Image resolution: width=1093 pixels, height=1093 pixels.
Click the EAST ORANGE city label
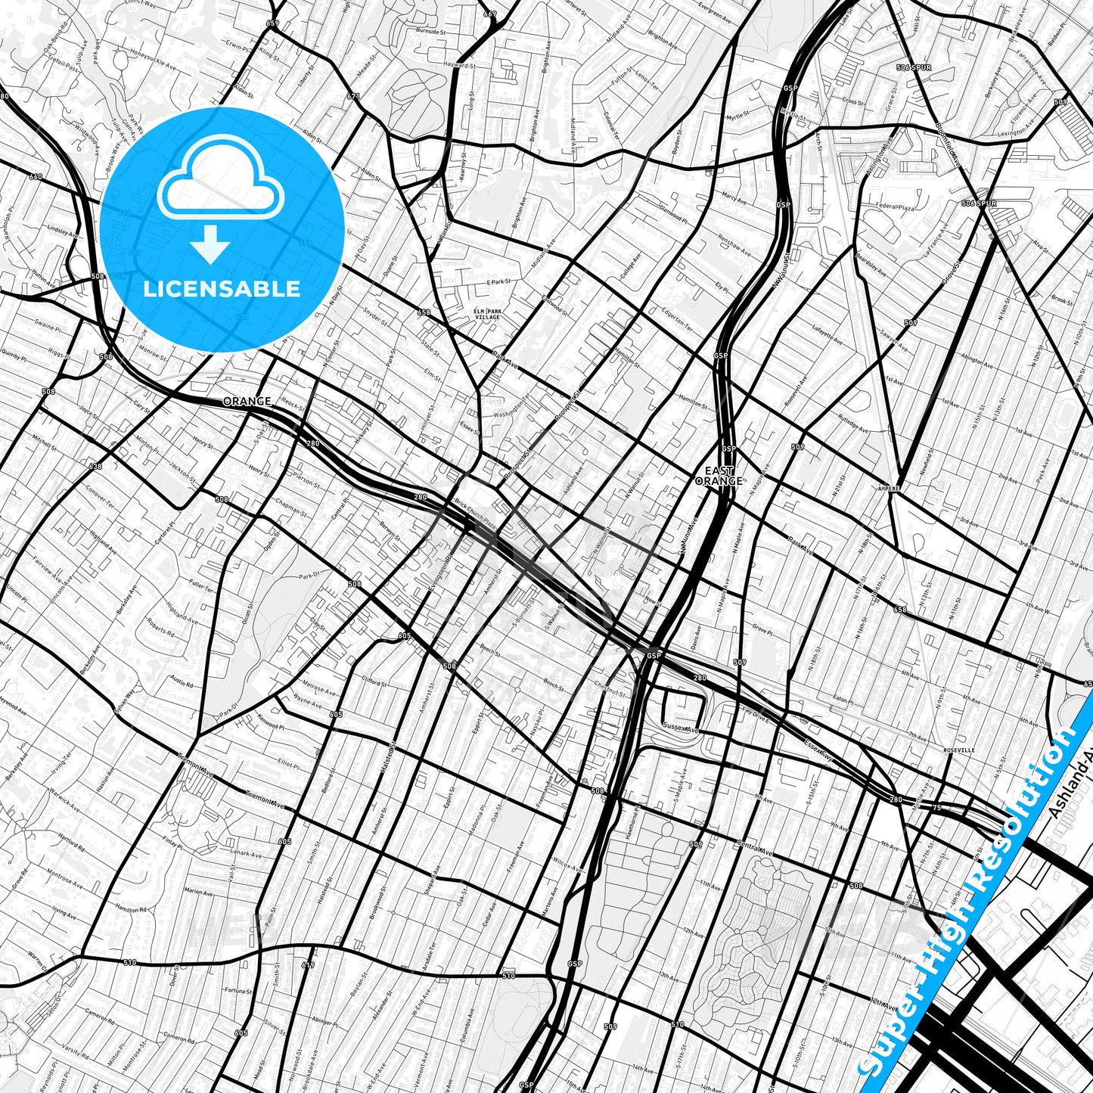718,476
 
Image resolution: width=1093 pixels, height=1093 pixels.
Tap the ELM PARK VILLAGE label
487,314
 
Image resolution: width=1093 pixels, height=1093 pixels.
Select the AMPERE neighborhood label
889,489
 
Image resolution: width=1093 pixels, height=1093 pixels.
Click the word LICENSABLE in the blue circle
222,288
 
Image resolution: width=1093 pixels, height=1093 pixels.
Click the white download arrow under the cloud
210,244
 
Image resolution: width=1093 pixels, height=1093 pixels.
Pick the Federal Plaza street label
895,206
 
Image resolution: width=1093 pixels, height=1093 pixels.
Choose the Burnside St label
433,31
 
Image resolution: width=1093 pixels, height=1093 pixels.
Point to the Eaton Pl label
842,700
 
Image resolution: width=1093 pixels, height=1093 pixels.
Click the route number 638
95,466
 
